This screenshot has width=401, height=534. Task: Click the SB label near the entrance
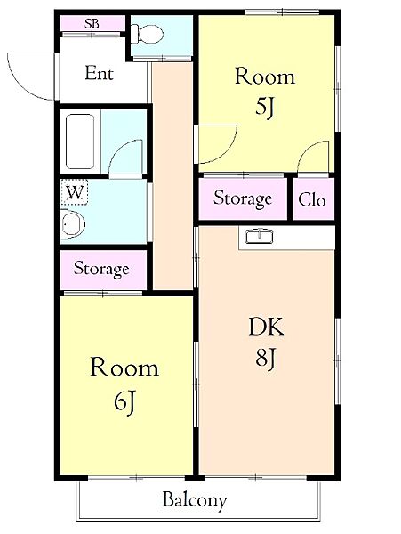pos(92,23)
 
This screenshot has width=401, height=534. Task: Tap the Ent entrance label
pos(99,74)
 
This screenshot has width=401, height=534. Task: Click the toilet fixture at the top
pos(149,35)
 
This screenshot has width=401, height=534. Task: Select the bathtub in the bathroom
pos(80,141)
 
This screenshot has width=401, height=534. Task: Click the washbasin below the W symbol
pos(70,226)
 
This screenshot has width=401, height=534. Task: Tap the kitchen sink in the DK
pos(261,237)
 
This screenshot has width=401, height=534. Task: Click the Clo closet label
pos(312,200)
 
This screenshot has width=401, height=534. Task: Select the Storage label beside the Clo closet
pos(243,199)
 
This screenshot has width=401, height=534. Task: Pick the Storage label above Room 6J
pos(101,268)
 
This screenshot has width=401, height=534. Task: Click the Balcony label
pos(194,499)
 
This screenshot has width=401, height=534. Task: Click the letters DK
pos(265,328)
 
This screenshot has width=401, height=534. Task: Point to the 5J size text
pos(265,109)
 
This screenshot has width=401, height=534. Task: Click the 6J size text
pos(124,401)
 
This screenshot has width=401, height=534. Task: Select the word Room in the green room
pos(264,77)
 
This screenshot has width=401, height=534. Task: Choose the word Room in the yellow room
pos(124,368)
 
